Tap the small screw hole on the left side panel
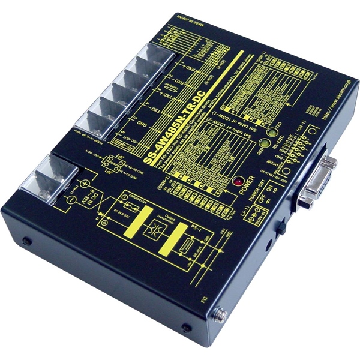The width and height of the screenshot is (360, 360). click(x=27, y=242)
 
